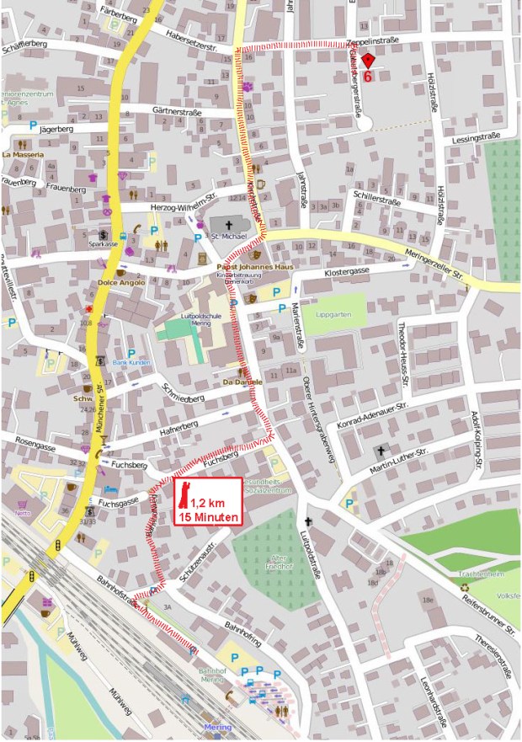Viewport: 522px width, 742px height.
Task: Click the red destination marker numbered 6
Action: (368, 61)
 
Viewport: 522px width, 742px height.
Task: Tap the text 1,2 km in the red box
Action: (214, 503)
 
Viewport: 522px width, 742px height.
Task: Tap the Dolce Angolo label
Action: (121, 283)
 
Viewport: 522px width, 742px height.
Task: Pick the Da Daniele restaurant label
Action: (242, 382)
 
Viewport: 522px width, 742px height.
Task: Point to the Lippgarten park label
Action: (328, 314)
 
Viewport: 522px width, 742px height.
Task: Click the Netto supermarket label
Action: (22, 511)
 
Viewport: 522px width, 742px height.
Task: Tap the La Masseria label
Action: (22, 155)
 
